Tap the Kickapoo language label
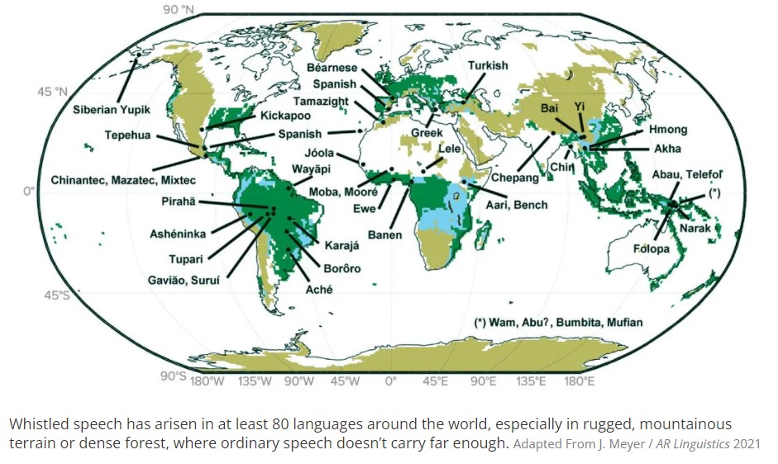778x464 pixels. click(286, 116)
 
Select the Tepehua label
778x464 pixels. click(127, 136)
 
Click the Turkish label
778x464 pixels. click(488, 65)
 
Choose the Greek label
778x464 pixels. click(427, 132)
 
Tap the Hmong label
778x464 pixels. click(667, 130)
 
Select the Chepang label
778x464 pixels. click(515, 177)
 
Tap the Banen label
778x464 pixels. click(384, 235)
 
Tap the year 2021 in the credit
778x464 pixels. click(745, 444)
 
